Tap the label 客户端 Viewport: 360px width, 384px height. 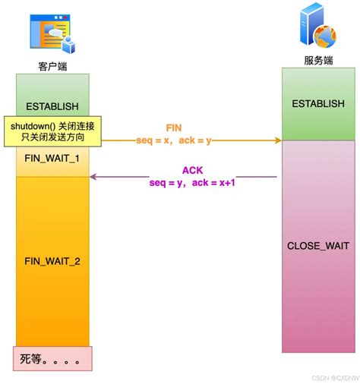click(x=52, y=66)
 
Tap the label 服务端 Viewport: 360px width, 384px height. click(x=318, y=60)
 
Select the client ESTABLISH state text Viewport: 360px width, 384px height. click(x=52, y=106)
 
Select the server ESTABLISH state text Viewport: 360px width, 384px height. click(x=318, y=104)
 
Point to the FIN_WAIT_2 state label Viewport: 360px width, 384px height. click(x=52, y=261)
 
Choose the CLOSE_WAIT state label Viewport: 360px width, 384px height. click(x=318, y=246)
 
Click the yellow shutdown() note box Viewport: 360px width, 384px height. click(x=52, y=131)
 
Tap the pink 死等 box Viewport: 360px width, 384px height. click(x=52, y=358)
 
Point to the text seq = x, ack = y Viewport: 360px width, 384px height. click(x=174, y=140)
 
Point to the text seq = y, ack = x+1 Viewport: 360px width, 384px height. click(x=192, y=183)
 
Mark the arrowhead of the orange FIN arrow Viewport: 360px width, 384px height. click(x=278, y=140)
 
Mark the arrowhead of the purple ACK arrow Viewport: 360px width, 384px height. click(x=93, y=177)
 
